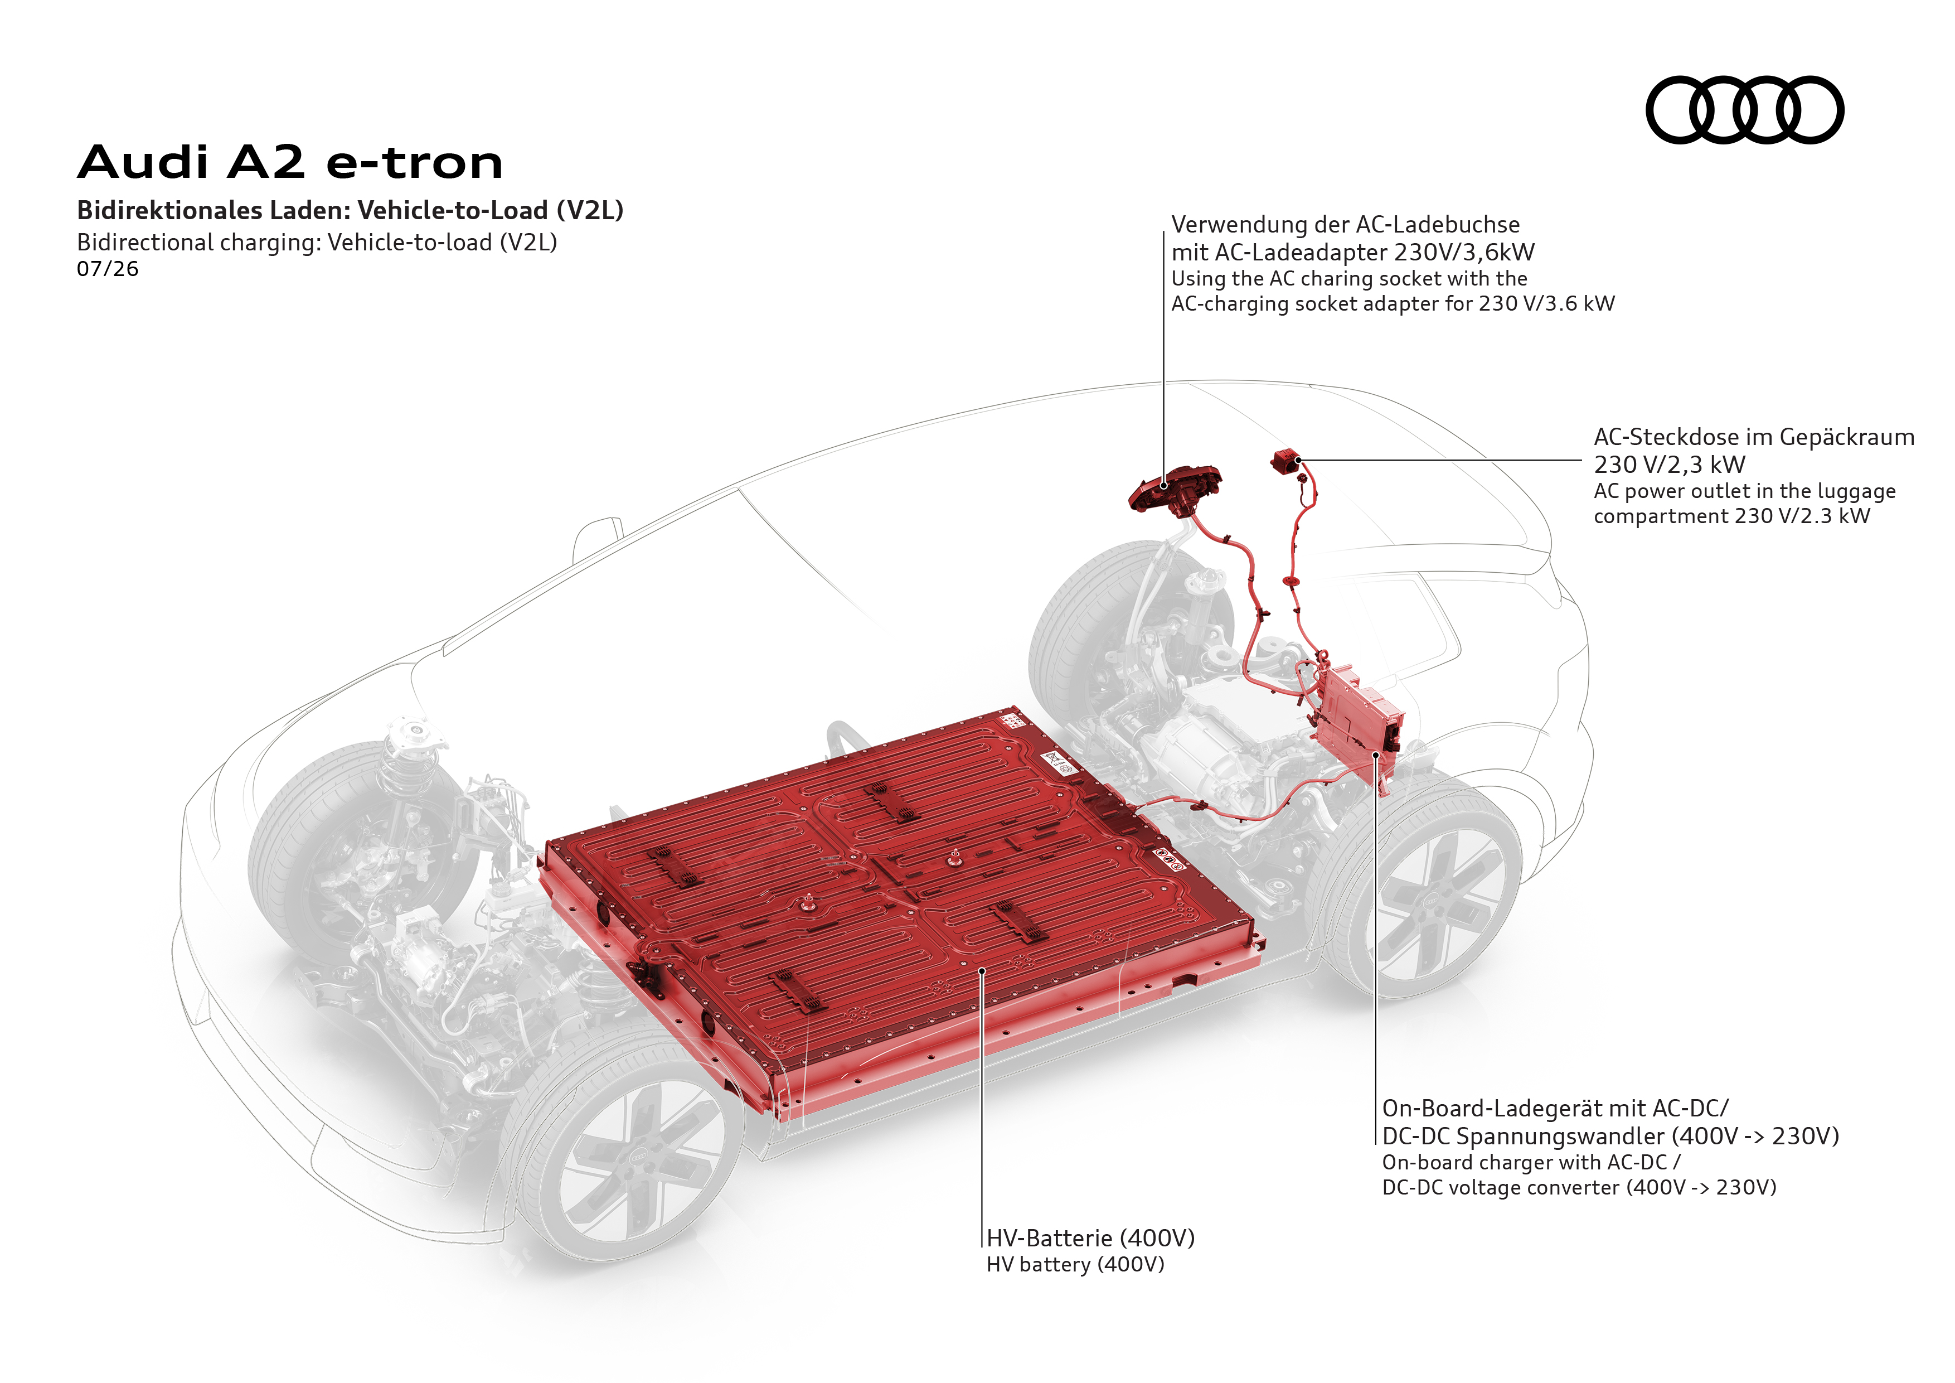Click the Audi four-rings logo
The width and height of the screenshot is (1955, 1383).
[x=1745, y=110]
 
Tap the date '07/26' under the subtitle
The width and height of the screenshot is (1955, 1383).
[x=107, y=269]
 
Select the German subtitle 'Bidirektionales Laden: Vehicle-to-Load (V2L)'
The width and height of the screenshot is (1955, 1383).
[x=350, y=210]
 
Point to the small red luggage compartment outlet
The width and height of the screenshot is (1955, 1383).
[x=1285, y=461]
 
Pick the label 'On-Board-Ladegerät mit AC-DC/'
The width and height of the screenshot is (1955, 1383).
[x=1555, y=1109]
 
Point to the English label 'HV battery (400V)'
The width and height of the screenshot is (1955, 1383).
[x=1075, y=1265]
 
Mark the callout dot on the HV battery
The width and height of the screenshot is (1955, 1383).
[x=982, y=970]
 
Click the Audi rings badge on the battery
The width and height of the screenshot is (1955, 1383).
[x=1169, y=858]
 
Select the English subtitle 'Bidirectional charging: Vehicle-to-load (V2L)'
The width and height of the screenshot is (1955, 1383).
[x=317, y=243]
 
